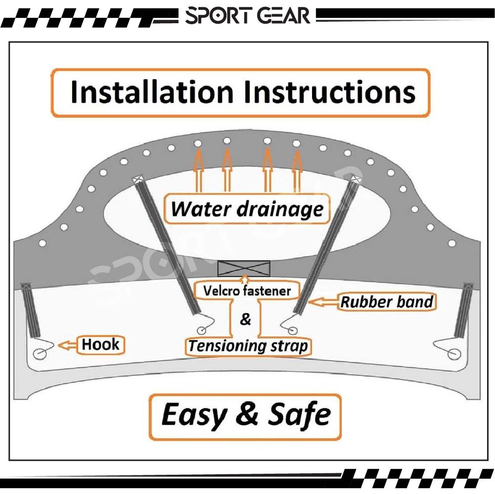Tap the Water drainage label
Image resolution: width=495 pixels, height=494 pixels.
[247, 209]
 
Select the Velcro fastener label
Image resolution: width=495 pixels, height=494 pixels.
[247, 290]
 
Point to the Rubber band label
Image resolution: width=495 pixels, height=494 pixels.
[387, 301]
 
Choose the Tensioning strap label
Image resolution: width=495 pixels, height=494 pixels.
[248, 346]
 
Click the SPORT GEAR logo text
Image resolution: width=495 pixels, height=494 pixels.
[247, 16]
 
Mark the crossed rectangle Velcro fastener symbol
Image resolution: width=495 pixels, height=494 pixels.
[244, 269]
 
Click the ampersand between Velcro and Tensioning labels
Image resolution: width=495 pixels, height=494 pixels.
[245, 320]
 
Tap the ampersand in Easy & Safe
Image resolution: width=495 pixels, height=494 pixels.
[246, 414]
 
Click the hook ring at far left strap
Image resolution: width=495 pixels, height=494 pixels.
[40, 354]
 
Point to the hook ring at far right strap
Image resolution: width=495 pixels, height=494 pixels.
[453, 354]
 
